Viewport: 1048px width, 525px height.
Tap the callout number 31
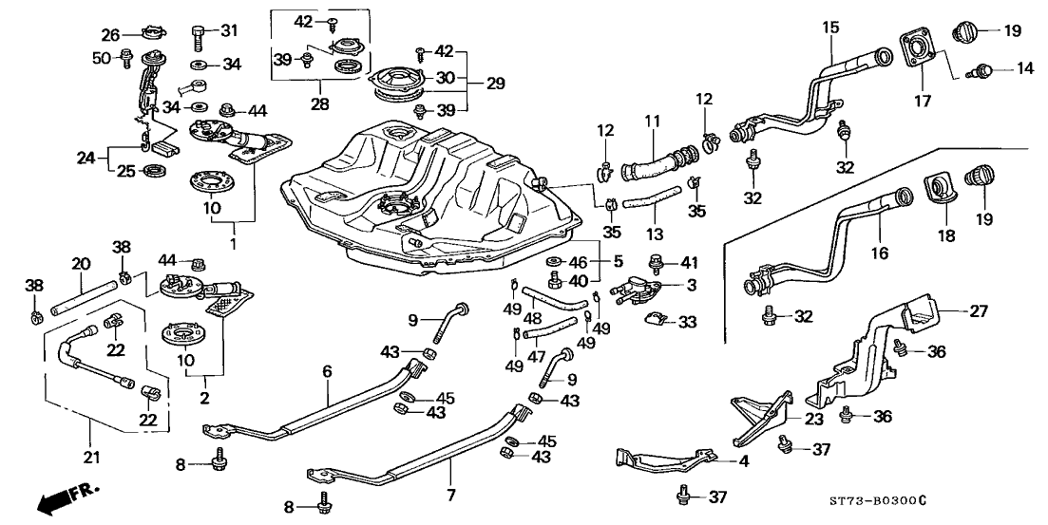tap(228, 31)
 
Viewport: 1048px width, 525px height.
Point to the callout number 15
tap(831, 28)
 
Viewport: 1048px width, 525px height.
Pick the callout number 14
tap(998, 68)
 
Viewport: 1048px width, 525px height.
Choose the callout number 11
tap(651, 121)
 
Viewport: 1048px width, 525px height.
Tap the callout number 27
tap(978, 310)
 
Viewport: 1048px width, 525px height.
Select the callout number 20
tap(81, 263)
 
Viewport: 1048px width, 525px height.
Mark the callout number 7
tap(451, 495)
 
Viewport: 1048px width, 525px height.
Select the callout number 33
tap(686, 322)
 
